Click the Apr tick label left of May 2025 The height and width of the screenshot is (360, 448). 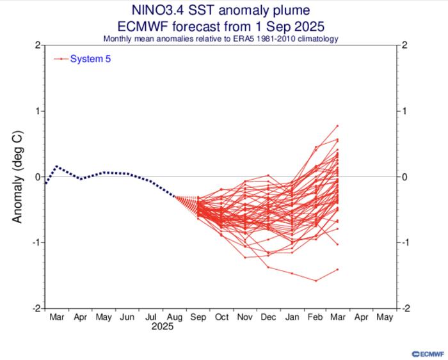(80, 317)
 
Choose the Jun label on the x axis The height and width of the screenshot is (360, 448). (127, 317)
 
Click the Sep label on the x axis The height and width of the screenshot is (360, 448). (198, 317)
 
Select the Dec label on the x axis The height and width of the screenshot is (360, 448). (268, 317)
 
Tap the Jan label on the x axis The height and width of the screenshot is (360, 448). (292, 317)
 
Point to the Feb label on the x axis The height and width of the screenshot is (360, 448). (314, 317)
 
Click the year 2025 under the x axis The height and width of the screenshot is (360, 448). (161, 326)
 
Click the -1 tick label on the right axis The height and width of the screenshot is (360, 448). (405, 242)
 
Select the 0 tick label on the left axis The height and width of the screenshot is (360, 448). (39, 176)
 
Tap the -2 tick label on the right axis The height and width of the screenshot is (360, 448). (405, 308)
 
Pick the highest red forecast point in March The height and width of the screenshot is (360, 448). (337, 125)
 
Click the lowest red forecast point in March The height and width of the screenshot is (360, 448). (337, 269)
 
